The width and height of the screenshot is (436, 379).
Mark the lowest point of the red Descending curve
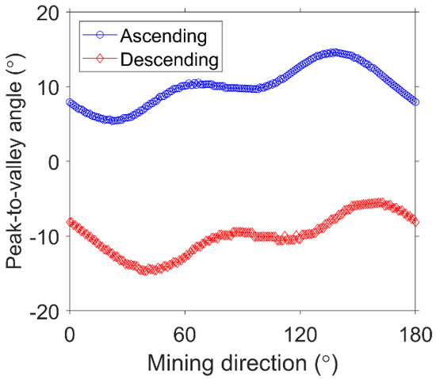point(147,270)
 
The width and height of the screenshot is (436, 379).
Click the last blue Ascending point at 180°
point(415,101)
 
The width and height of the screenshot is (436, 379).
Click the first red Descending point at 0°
point(70,222)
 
